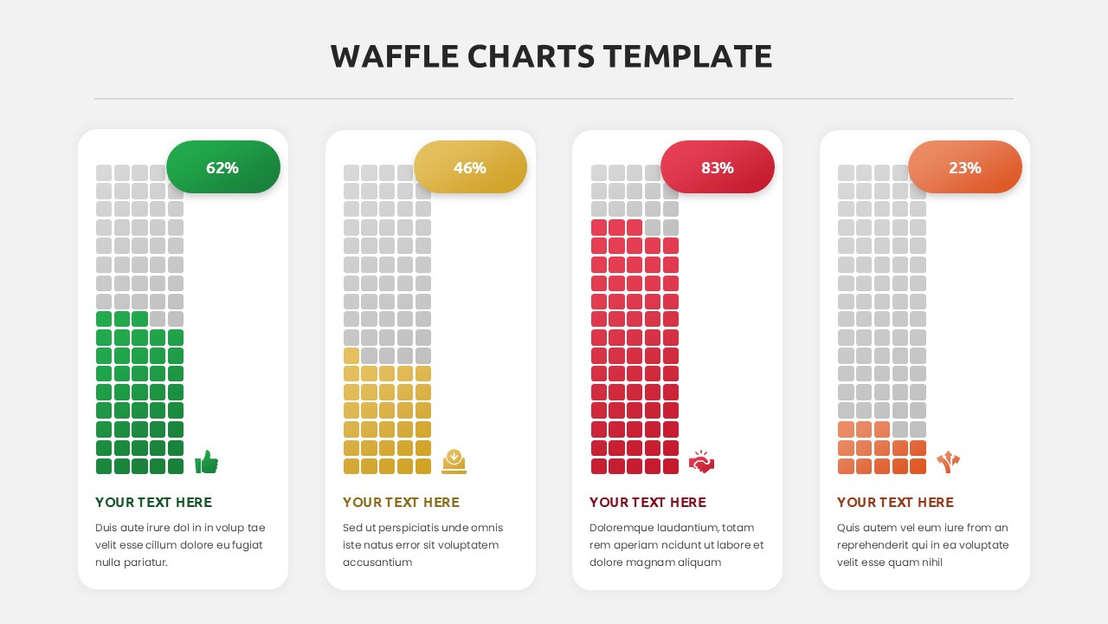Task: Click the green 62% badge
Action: [x=222, y=167]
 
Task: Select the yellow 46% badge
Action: [x=470, y=167]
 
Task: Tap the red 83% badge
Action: [x=718, y=167]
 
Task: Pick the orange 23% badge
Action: [x=964, y=167]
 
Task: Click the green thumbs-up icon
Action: [x=206, y=462]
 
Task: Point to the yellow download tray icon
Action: [x=454, y=461]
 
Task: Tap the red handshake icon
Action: [x=701, y=462]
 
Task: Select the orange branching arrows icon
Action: [x=948, y=462]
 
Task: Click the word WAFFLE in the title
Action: [x=395, y=56]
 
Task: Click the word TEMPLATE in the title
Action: [x=687, y=56]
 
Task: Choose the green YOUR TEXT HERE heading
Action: [x=153, y=503]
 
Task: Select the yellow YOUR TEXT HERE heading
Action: [x=401, y=503]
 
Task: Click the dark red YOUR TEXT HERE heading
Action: [x=647, y=503]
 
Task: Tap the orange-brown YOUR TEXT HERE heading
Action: [x=895, y=503]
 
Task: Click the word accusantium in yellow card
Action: [x=377, y=562]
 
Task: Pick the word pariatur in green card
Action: [x=145, y=562]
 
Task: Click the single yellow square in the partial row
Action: [x=351, y=355]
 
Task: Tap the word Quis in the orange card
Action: [x=849, y=528]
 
